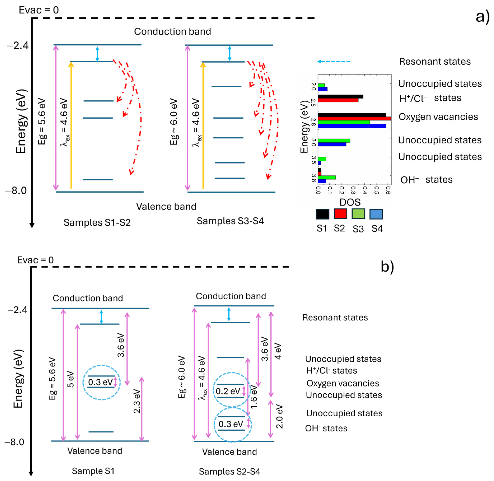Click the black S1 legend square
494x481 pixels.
tap(322, 214)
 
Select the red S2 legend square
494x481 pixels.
tap(340, 214)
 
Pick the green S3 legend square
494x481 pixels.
tap(358, 214)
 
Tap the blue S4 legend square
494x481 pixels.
tap(376, 214)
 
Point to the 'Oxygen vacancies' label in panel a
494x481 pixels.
tap(438, 117)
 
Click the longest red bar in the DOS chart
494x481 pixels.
tap(354, 118)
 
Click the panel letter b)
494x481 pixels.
tap(387, 267)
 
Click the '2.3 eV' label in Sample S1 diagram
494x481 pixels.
tap(137, 401)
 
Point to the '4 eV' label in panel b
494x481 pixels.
tap(278, 351)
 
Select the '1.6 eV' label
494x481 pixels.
tap(254, 397)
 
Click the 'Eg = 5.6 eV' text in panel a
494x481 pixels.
tap(42, 121)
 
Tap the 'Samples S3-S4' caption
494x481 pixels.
tap(230, 221)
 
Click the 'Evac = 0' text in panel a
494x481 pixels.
tap(39, 10)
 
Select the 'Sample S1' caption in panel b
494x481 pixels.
tap(93, 471)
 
